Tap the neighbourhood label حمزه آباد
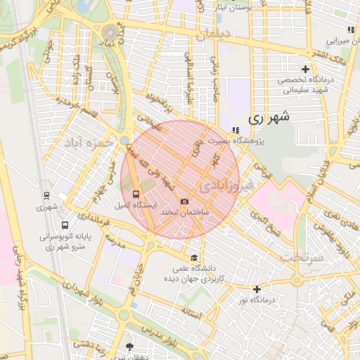[89, 143]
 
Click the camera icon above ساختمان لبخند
[184, 201]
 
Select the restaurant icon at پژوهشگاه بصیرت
[235, 130]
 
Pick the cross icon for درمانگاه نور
[257, 289]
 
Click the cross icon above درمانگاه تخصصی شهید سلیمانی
[305, 69]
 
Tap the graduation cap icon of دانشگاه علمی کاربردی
[194, 256]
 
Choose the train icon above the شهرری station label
[46, 195]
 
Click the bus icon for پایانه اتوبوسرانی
[65, 226]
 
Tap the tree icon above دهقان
[129, 347]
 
